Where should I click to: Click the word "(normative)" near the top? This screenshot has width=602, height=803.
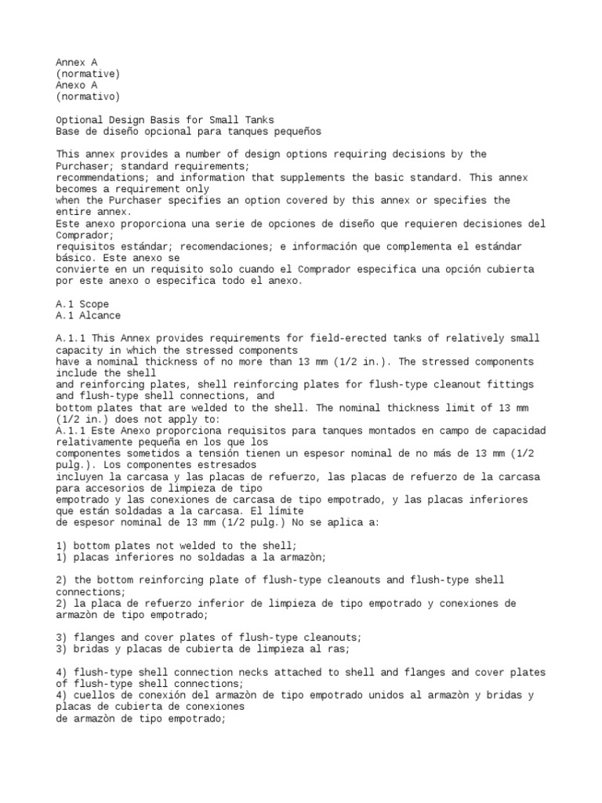tap(88, 73)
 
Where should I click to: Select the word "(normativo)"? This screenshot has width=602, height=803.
tap(88, 96)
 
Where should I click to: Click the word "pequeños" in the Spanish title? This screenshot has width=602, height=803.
tap(296, 132)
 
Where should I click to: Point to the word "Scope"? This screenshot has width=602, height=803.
tap(93, 303)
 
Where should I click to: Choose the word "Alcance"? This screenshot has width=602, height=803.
tap(99, 315)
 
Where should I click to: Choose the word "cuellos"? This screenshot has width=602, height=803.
tap(93, 695)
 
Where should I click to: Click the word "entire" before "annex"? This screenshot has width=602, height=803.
tap(73, 212)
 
